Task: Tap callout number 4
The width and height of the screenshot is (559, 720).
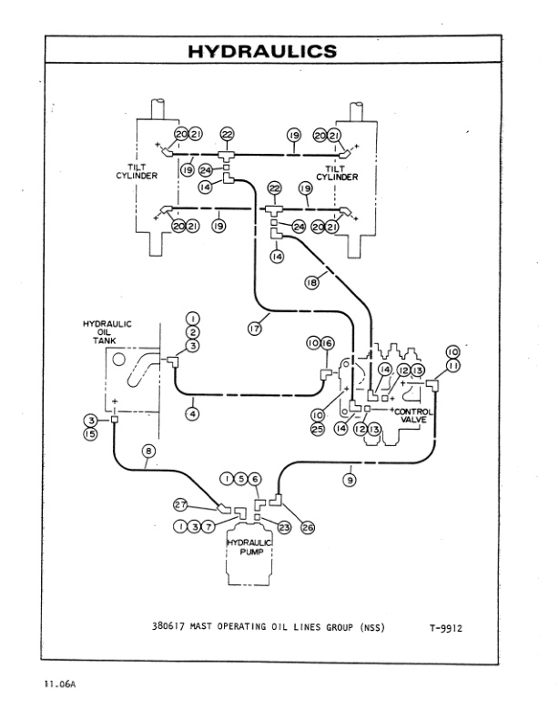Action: coord(193,413)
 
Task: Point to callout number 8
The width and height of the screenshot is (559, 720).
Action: coord(150,450)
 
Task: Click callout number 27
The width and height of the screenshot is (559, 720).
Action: coord(181,504)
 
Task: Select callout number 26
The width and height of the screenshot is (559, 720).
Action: coord(307,527)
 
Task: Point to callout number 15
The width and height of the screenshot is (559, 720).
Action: coord(91,435)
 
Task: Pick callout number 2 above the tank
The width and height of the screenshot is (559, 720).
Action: coord(192,331)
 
